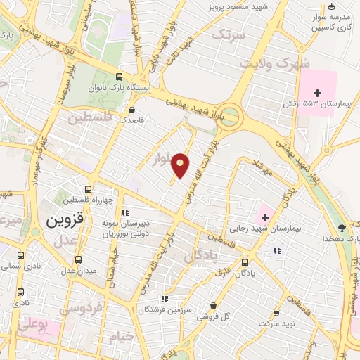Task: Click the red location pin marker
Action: point(181,165)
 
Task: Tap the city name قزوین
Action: point(65,219)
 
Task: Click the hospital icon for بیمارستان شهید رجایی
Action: point(264,217)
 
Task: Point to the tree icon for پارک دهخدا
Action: point(342,227)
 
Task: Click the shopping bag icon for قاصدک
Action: point(132,110)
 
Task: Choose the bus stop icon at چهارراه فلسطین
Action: point(89,189)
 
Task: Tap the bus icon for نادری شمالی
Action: point(20,256)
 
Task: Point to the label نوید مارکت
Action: point(276,325)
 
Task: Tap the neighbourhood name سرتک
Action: point(231,34)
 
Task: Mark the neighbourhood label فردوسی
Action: point(80,308)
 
